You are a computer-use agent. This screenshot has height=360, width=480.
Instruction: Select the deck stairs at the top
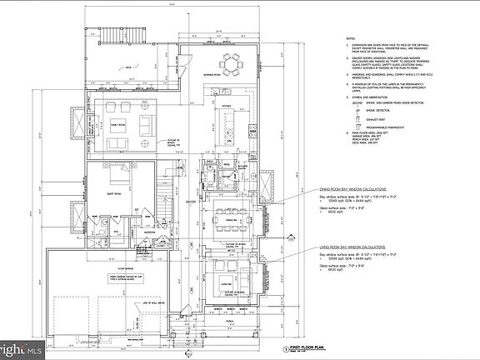pyautogui.click(x=111, y=38)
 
